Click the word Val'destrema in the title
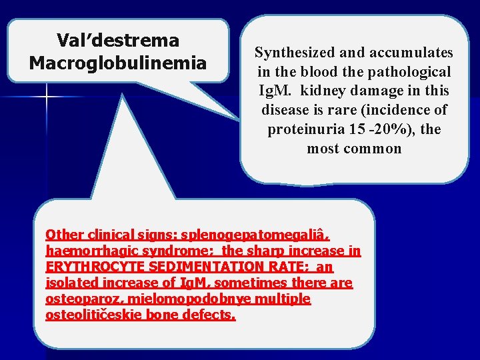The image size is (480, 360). click(118, 41)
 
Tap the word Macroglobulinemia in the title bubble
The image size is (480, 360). click(118, 63)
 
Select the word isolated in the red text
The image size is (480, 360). click(70, 283)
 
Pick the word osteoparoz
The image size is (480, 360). click(77, 299)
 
